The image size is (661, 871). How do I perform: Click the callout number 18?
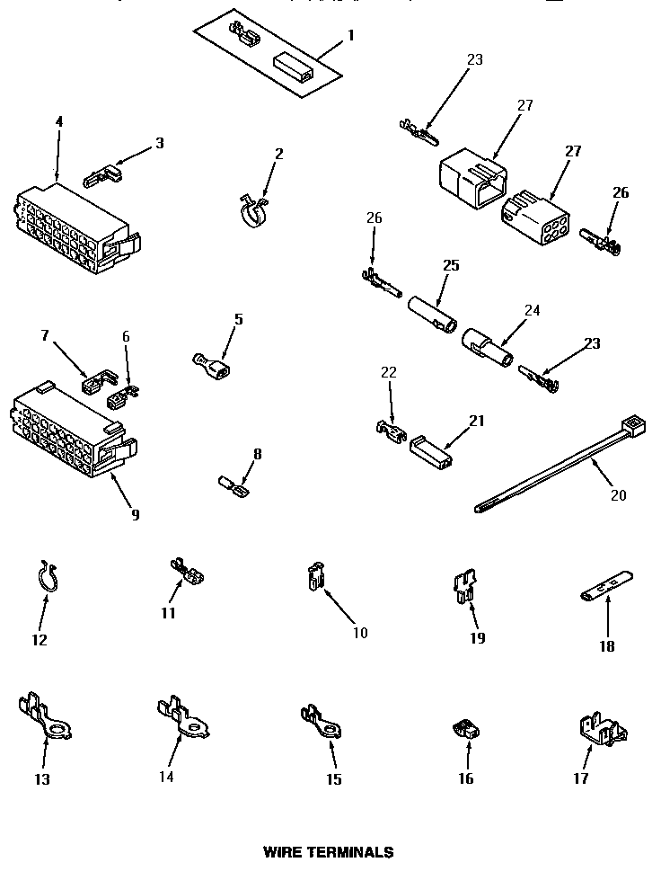tap(607, 645)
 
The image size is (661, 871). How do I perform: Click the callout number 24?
tap(532, 311)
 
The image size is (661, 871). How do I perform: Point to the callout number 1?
tap(351, 35)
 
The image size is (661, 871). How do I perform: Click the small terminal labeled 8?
tap(236, 488)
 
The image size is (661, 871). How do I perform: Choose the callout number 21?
tap(476, 421)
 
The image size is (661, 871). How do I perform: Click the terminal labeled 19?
tap(463, 589)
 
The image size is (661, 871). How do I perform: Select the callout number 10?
tap(359, 633)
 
